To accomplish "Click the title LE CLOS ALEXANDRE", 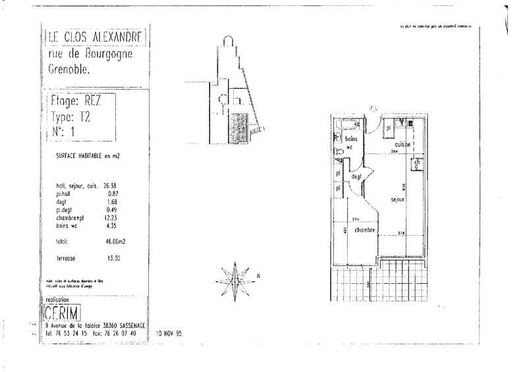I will coord(96,36).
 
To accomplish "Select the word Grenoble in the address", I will coord(69,68).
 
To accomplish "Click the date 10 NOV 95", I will coord(169,333).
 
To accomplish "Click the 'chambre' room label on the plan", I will coord(364,230).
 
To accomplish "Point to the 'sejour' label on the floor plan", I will coord(397,199).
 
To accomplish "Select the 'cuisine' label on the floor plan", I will coord(403,144).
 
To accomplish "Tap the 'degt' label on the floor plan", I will coord(358,176).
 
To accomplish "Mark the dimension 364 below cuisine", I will coord(395,151).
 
